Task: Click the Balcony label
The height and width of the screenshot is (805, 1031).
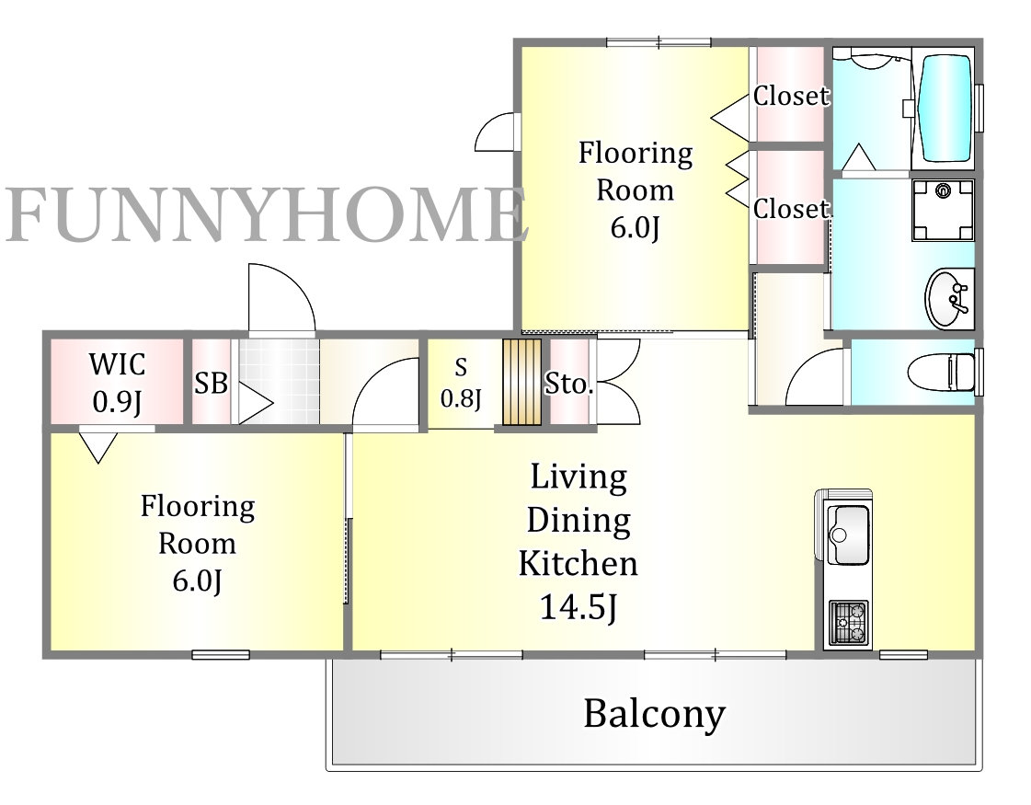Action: [x=654, y=714]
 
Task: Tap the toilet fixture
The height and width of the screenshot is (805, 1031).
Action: [x=942, y=373]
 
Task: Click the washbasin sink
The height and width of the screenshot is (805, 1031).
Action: [x=949, y=297]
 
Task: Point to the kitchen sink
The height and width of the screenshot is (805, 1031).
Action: [x=848, y=534]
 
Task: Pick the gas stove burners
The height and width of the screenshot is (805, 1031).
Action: [x=848, y=622]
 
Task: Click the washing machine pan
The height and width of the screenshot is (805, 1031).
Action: [x=943, y=210]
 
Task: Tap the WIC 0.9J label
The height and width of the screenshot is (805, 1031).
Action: [x=117, y=383]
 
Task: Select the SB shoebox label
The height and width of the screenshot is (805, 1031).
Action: [x=211, y=383]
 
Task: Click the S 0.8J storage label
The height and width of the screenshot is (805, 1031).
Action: [x=461, y=383]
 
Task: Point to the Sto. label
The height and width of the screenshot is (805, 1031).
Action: [x=569, y=384]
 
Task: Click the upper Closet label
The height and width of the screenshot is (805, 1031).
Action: [x=791, y=96]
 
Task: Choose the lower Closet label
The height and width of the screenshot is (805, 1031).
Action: [x=791, y=209]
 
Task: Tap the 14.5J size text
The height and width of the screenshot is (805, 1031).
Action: [x=579, y=607]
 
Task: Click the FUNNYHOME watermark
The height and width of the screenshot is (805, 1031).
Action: [x=267, y=213]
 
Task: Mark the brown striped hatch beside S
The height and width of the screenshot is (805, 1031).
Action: [x=522, y=382]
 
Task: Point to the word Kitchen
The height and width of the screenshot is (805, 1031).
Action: [x=579, y=564]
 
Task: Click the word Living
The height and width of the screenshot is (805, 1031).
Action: [x=579, y=478]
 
